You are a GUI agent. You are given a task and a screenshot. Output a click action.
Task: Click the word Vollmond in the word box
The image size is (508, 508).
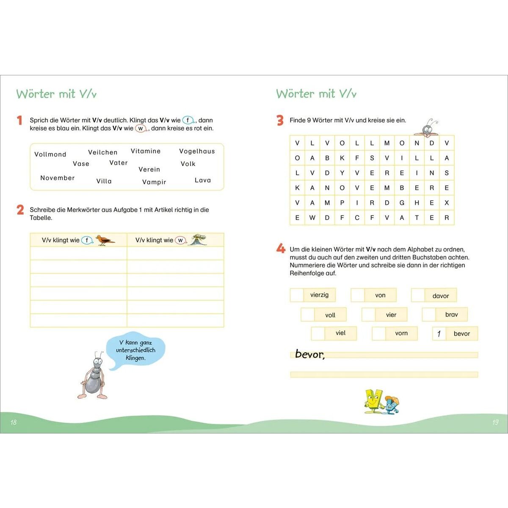pyautogui.click(x=50, y=155)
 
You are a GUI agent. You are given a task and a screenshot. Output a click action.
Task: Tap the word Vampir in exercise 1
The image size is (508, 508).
pyautogui.click(x=154, y=182)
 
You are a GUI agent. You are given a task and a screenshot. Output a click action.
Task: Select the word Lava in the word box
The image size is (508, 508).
pyautogui.click(x=203, y=180)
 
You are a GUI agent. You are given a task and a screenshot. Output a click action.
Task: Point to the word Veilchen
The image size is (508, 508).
pyautogui.click(x=103, y=152)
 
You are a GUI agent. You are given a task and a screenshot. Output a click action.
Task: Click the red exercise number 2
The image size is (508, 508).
pyautogui.click(x=20, y=210)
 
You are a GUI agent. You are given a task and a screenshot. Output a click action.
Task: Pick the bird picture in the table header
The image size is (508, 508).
pyautogui.click(x=104, y=240)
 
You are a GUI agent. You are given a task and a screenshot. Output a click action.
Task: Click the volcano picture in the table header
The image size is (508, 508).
pyautogui.click(x=197, y=240)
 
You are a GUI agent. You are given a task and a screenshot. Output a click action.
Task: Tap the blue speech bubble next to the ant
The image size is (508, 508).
pyautogui.click(x=135, y=350)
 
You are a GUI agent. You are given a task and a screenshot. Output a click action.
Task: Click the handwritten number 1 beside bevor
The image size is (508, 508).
pyautogui.click(x=439, y=334)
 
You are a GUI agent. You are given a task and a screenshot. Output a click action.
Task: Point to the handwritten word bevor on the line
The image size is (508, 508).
pyautogui.click(x=309, y=354)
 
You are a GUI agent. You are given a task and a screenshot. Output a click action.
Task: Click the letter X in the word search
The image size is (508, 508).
pyautogui.click(x=447, y=203)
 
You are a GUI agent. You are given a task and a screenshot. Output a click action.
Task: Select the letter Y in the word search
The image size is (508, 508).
pyautogui.click(x=342, y=173)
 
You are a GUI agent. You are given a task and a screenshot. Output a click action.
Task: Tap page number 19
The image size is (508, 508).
pyautogui.click(x=495, y=422)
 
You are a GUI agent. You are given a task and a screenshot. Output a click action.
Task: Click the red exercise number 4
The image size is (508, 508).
pyautogui.click(x=280, y=248)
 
